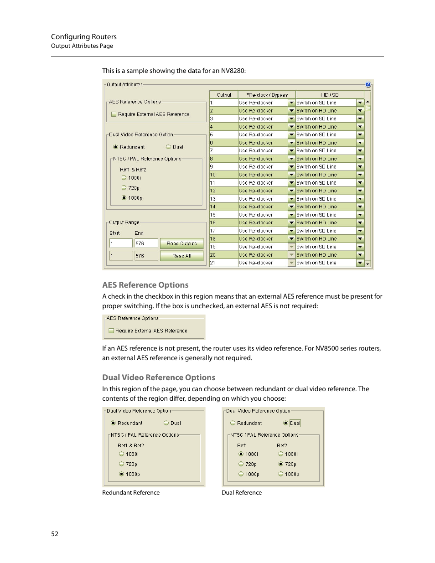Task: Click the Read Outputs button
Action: (x=181, y=243)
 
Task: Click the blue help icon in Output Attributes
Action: (x=368, y=85)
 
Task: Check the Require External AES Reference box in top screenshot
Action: (x=114, y=114)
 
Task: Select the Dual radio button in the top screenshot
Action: (x=168, y=147)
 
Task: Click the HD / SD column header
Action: (x=329, y=95)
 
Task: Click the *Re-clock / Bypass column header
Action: (x=267, y=95)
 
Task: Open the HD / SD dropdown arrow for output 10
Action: (x=360, y=175)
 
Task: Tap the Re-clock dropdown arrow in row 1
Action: (x=291, y=103)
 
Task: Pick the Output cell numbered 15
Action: (x=223, y=215)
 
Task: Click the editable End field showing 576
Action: (x=146, y=243)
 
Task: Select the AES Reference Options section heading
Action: (x=145, y=285)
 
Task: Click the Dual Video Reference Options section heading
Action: (x=158, y=377)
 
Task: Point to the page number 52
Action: (x=55, y=534)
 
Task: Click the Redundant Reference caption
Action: (x=131, y=493)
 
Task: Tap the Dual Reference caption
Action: (x=242, y=493)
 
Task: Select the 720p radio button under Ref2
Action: (x=280, y=464)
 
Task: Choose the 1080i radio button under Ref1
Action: (x=241, y=454)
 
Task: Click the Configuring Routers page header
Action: (x=84, y=37)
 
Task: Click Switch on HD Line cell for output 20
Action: (x=326, y=255)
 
